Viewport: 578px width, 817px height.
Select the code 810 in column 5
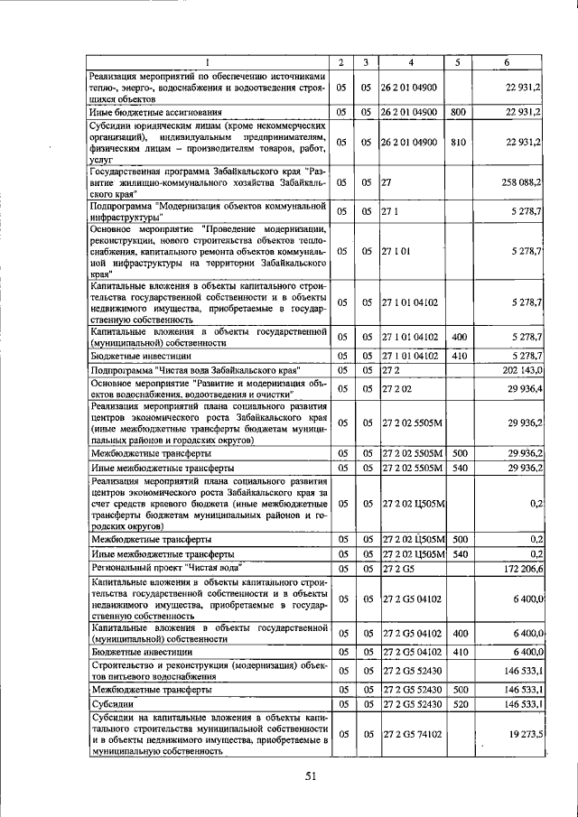[x=458, y=142]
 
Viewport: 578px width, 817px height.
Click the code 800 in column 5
[x=458, y=112]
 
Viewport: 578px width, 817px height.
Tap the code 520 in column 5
[x=459, y=704]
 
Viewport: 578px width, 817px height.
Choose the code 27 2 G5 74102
[x=412, y=735]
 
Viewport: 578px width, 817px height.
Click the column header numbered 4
[x=411, y=61]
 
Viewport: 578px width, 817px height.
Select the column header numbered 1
[x=207, y=61]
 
